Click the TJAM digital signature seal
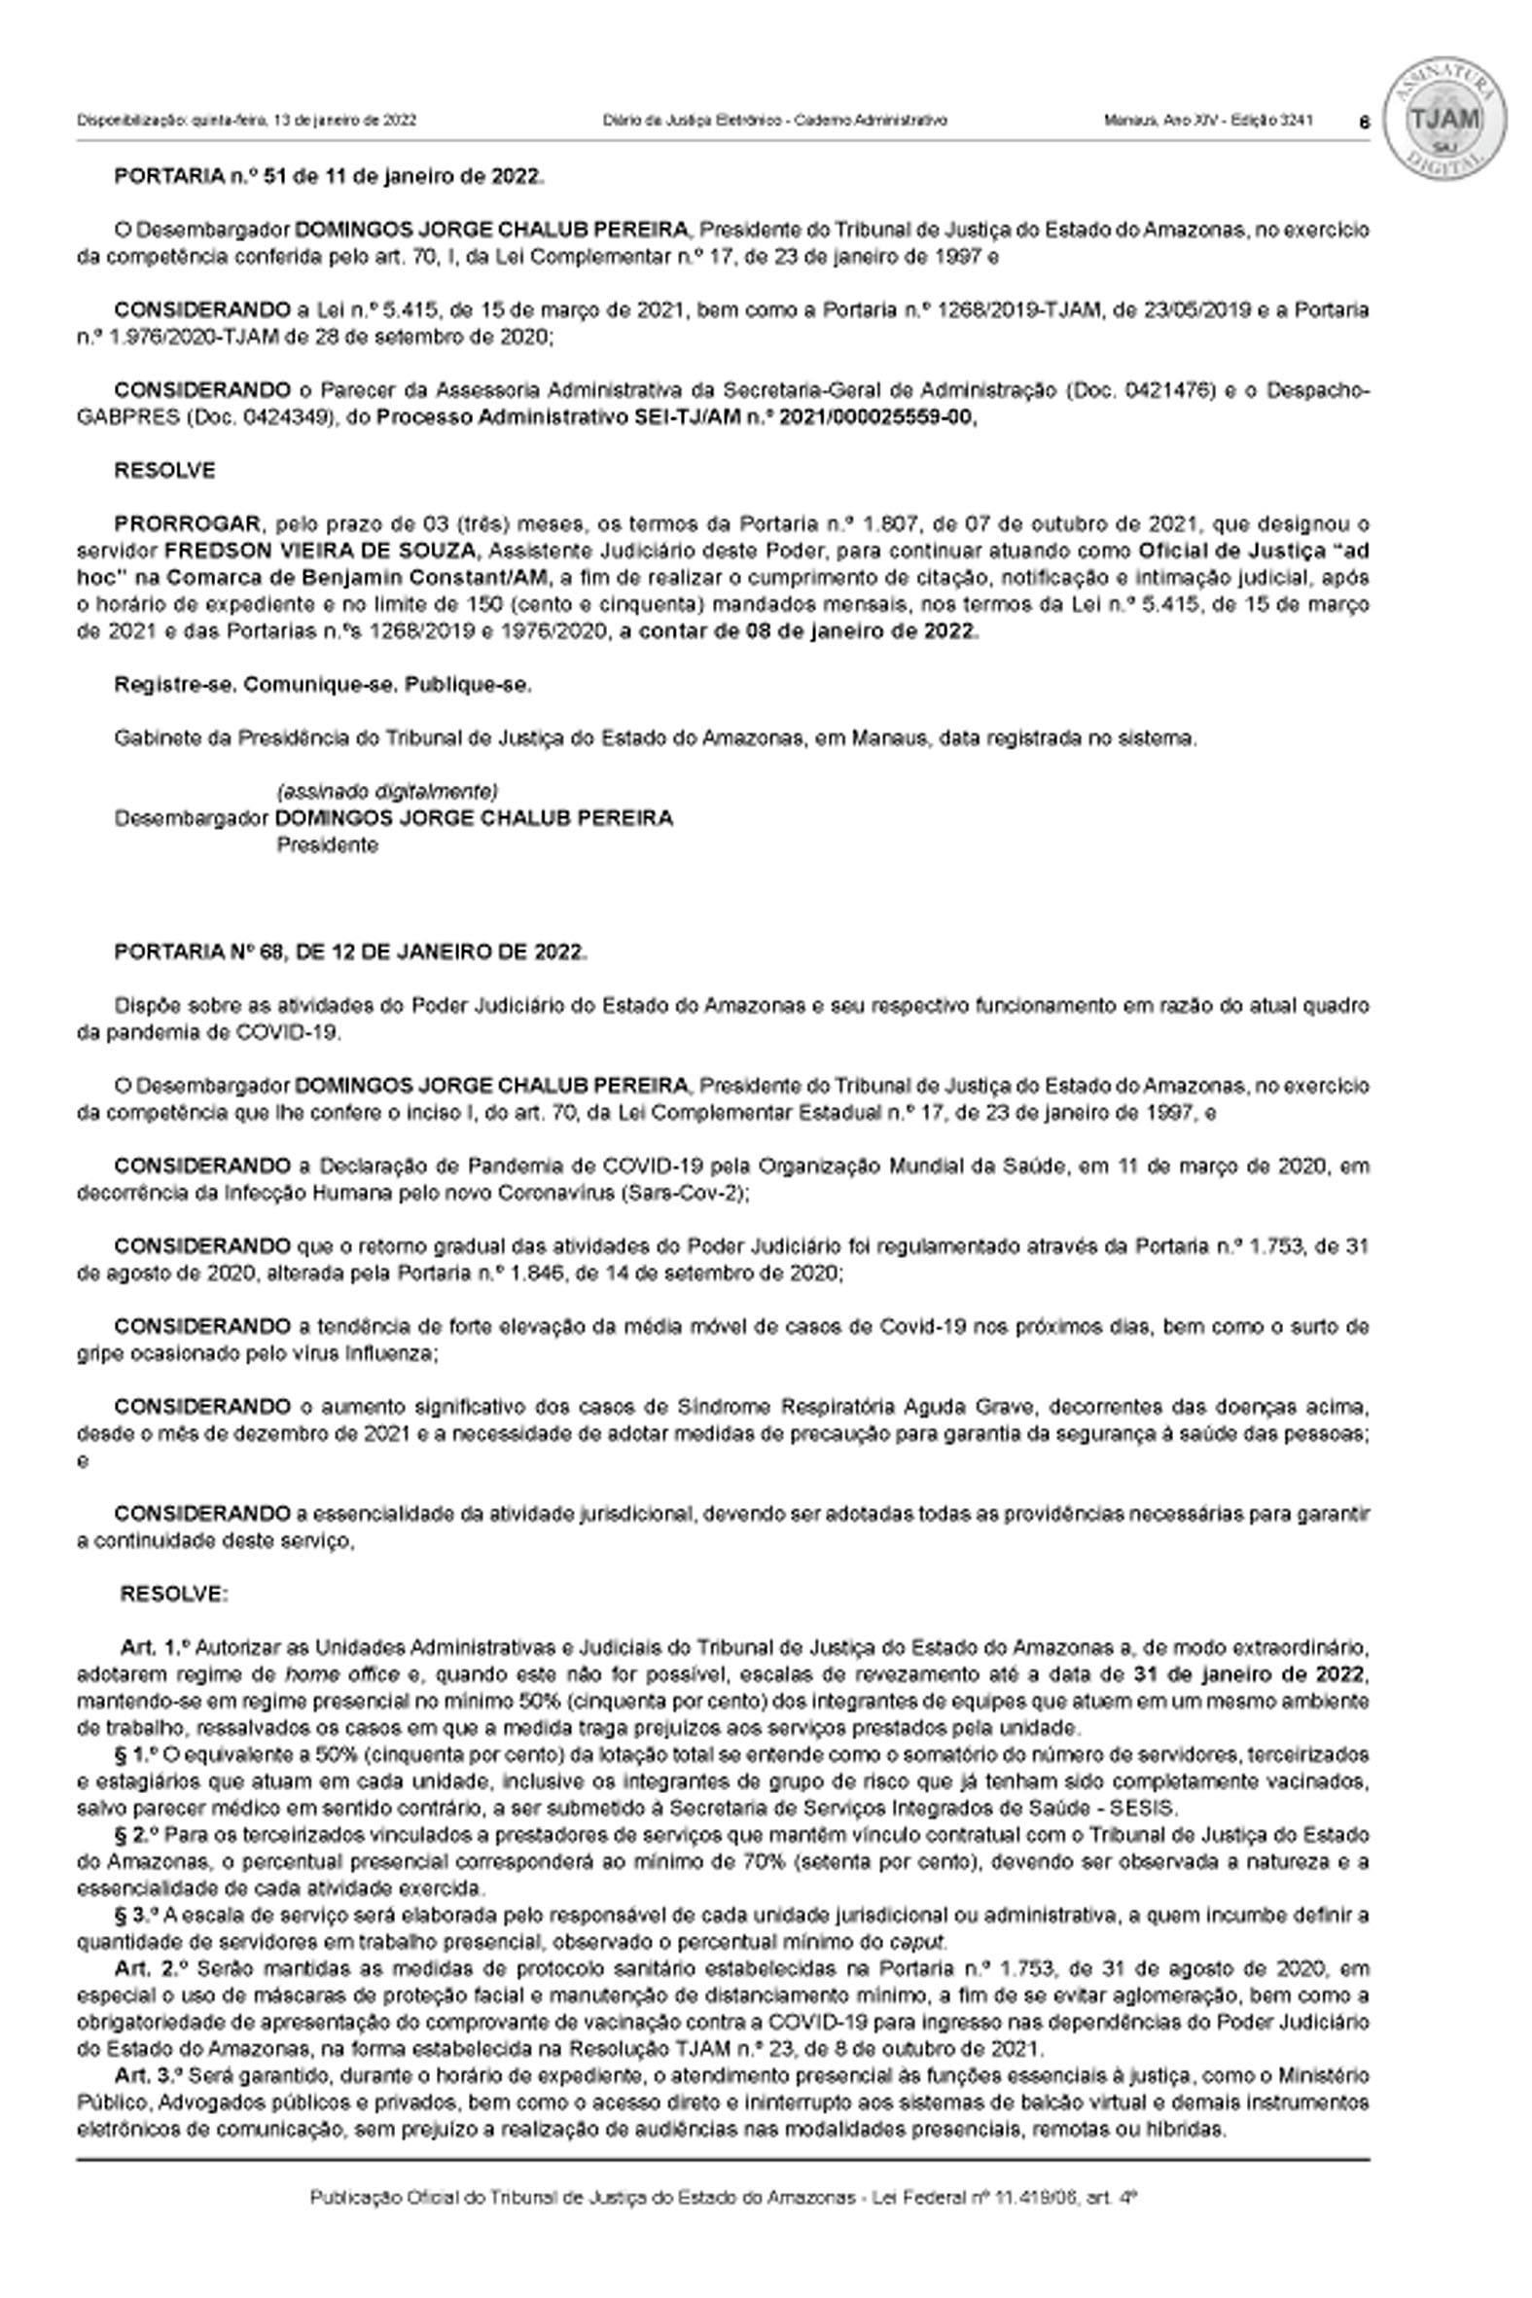[1444, 119]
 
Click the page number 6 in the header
[1364, 123]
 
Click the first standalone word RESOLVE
[164, 470]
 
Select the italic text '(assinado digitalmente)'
[387, 790]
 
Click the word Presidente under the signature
[326, 845]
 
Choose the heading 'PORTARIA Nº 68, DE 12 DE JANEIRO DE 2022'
[351, 952]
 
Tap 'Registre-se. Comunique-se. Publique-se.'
[322, 685]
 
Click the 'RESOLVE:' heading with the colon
[174, 1594]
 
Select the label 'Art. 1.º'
[152, 1648]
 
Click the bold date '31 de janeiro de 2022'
[1249, 1674]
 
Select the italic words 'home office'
[334, 1674]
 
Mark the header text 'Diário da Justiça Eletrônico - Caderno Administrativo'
[774, 122]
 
